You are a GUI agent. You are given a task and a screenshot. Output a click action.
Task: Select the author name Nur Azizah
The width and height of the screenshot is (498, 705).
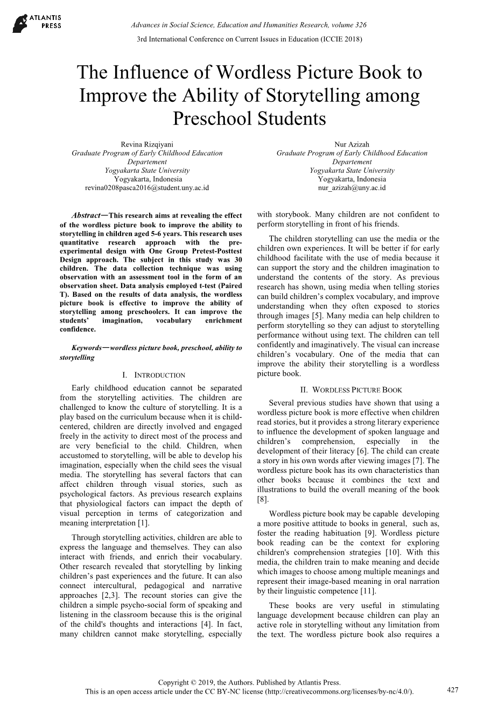352,144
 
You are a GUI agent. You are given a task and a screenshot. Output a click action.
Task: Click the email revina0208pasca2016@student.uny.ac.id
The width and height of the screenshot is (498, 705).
147,188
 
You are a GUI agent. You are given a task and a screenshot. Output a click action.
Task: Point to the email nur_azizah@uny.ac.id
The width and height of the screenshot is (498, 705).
352,188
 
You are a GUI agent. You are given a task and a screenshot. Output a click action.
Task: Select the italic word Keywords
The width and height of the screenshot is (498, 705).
89,348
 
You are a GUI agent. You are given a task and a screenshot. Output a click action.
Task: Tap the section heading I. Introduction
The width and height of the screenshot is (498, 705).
153,375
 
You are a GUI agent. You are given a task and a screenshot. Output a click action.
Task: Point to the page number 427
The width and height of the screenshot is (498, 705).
453,690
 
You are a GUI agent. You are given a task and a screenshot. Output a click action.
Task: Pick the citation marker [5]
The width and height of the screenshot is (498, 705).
318,316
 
